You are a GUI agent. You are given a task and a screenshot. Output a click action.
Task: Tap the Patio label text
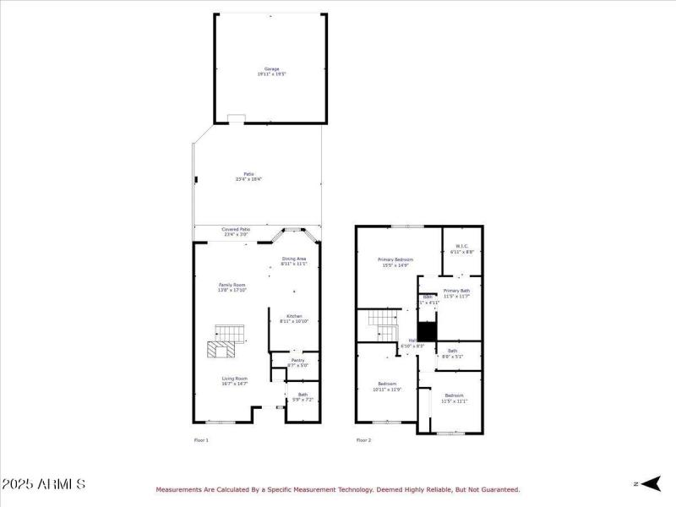pyautogui.click(x=248, y=177)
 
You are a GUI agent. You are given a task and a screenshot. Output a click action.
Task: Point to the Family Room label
pyautogui.click(x=232, y=287)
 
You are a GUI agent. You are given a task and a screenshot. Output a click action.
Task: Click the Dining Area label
pyautogui.click(x=293, y=261)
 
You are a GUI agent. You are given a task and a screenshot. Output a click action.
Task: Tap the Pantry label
pyautogui.click(x=297, y=363)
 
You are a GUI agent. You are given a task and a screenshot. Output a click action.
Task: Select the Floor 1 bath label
pyautogui.click(x=302, y=396)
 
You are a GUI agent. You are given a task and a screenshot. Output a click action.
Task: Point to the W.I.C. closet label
pyautogui.click(x=462, y=249)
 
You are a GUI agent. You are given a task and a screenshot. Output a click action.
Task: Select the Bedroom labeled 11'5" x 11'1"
pyautogui.click(x=454, y=398)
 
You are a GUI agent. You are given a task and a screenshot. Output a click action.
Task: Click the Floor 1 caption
pyautogui.click(x=201, y=440)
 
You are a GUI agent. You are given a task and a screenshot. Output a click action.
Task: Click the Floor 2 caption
pyautogui.click(x=363, y=440)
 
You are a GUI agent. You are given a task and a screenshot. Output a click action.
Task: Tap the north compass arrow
pyautogui.click(x=647, y=483)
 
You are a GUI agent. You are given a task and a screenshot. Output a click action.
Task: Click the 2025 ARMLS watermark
pyautogui.click(x=43, y=484)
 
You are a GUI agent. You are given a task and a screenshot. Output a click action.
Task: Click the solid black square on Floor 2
pyautogui.click(x=428, y=331)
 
